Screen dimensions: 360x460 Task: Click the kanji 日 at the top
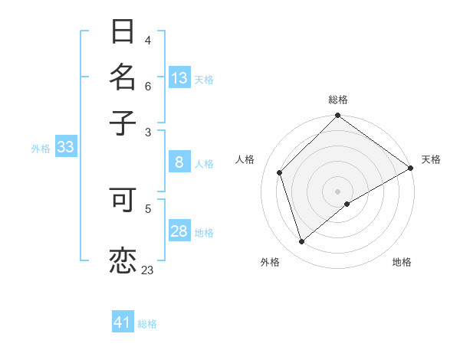coord(123,32)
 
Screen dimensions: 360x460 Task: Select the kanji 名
coord(123,77)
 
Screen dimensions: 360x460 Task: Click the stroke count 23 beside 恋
coord(148,270)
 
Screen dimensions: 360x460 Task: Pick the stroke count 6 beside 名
coord(148,87)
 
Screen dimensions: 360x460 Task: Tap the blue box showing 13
coord(179,78)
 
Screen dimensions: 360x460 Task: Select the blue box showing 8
coord(179,162)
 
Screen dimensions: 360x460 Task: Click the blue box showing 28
coord(179,232)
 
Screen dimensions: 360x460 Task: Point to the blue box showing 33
coord(65,148)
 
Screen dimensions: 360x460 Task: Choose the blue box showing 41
coord(123,323)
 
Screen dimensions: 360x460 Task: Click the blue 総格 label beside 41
coord(147,324)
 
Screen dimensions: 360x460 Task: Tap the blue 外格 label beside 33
coord(41,149)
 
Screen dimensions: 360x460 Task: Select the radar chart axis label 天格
coord(431,159)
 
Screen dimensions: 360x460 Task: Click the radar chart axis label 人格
coord(245,159)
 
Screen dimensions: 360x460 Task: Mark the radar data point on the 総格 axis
coord(338,116)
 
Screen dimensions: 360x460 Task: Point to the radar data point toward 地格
coord(347,204)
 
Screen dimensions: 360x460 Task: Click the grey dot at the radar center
coord(338,191)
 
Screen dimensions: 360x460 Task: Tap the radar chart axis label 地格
coord(402,262)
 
